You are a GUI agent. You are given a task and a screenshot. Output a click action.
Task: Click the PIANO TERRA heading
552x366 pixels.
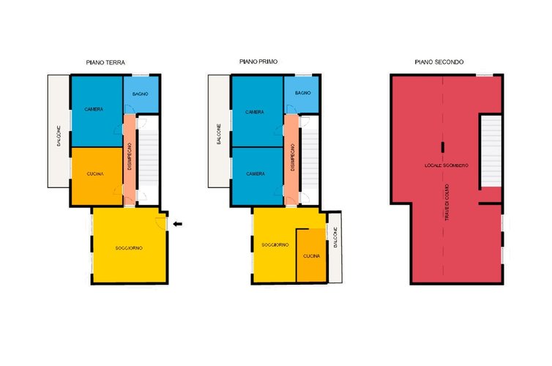pos(105,62)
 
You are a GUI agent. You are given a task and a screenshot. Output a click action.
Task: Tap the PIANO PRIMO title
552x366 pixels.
pos(258,61)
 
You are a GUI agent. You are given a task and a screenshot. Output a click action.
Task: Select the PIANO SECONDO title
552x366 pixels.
pos(439,62)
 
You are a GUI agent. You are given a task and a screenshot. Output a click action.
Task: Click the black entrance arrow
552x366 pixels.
pos(178,224)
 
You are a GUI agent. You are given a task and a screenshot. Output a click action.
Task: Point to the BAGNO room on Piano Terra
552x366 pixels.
pos(141,94)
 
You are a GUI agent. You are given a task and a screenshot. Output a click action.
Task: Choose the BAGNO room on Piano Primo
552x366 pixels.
pos(302,94)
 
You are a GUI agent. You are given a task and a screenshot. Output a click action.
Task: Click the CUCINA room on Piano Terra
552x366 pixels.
pos(97,176)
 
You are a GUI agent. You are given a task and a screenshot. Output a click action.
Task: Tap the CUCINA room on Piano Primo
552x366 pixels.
pos(311,255)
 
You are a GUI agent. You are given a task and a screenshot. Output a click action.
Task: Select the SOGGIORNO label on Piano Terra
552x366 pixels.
pos(129,248)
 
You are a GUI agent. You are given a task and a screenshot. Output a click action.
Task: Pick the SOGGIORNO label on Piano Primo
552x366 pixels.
pos(275,244)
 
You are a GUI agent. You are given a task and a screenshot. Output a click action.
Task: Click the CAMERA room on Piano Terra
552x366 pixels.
pos(97,111)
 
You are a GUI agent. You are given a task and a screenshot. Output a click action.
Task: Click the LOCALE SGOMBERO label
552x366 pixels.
pos(447,165)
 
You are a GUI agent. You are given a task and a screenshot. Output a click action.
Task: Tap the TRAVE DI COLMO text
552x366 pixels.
pos(447,202)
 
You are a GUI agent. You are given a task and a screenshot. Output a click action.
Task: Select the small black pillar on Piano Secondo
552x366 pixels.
pos(443,147)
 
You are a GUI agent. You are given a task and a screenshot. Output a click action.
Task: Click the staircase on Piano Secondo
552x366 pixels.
pos(491,151)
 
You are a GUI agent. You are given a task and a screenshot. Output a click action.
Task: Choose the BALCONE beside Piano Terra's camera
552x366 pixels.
pos(59,131)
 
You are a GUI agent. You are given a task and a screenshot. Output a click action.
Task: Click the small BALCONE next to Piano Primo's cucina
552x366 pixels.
pos(335,247)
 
